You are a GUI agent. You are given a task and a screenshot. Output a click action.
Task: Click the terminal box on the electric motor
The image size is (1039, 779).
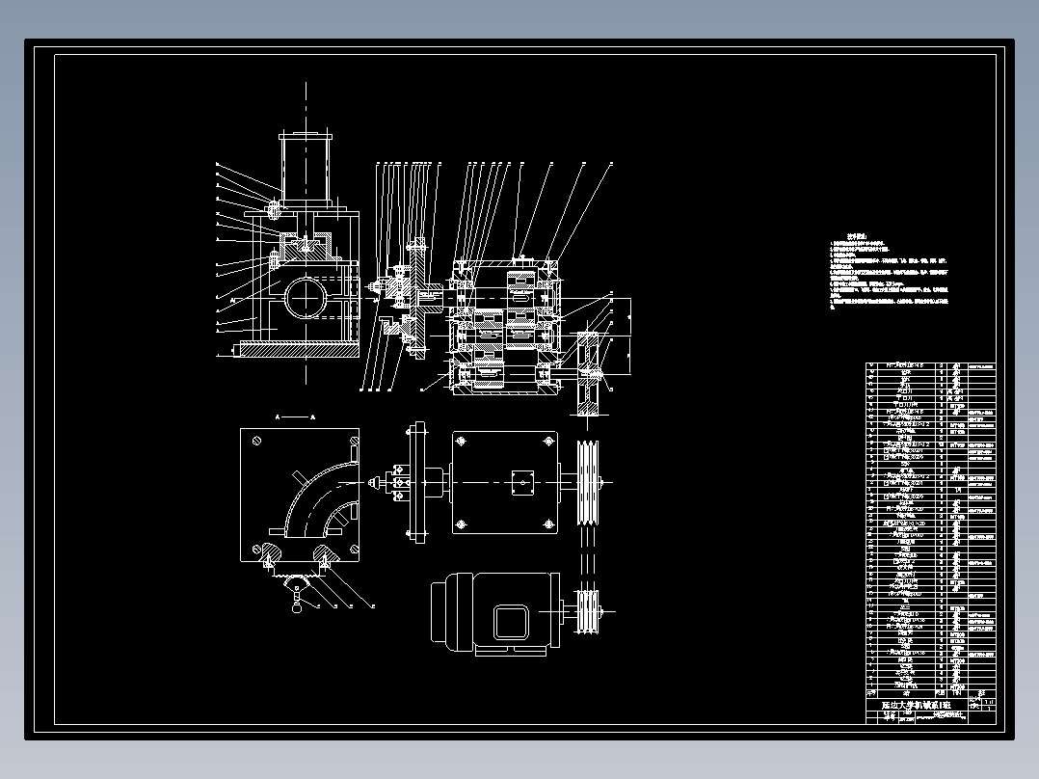pyautogui.click(x=511, y=622)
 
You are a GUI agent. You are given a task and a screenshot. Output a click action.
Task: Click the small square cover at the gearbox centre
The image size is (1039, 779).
pyautogui.click(x=522, y=482)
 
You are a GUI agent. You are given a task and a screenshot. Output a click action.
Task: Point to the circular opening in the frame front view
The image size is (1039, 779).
pyautogui.click(x=306, y=296)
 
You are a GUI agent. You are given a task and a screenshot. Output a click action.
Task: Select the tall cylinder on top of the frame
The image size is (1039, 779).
pyautogui.click(x=306, y=170)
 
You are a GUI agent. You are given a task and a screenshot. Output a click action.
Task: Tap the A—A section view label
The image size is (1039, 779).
pyautogui.click(x=296, y=416)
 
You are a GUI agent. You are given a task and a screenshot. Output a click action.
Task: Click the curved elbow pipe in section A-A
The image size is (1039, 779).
pyautogui.click(x=308, y=501)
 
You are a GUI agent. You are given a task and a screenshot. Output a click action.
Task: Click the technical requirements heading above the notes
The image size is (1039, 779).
pyautogui.click(x=856, y=236)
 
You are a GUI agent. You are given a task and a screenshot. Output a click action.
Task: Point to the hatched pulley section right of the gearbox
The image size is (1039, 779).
pyautogui.click(x=587, y=371)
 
